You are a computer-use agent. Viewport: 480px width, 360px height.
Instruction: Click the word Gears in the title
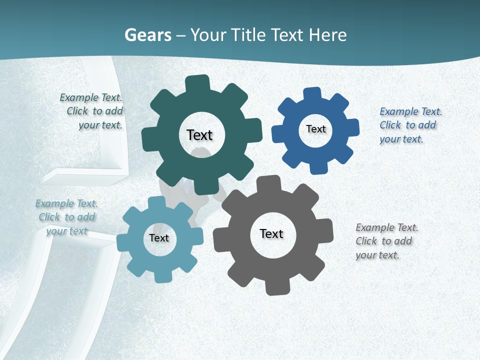tap(147, 35)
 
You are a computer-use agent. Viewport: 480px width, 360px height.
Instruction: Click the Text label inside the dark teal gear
tap(199, 135)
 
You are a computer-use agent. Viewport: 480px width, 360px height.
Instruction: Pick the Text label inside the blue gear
tap(315, 129)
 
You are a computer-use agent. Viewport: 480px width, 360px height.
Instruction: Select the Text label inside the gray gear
tap(271, 233)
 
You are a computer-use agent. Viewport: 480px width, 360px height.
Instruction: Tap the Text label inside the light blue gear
tap(159, 238)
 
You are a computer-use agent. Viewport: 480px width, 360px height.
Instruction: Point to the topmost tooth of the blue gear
tap(312, 93)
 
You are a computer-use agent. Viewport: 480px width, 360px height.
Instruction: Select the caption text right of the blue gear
tap(410, 125)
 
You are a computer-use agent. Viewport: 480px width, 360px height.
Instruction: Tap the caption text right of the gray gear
tap(386, 241)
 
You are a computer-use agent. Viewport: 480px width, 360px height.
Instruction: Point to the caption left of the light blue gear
tap(66, 217)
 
